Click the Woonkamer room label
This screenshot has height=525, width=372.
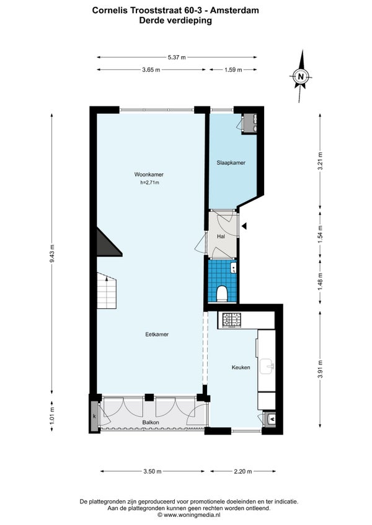tap(149, 175)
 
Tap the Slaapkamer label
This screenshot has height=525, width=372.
tap(231, 163)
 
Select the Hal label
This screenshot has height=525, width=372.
tap(221, 236)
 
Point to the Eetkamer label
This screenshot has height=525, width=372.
tap(157, 334)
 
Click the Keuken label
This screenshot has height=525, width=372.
tap(241, 367)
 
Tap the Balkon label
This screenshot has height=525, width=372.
tap(151, 423)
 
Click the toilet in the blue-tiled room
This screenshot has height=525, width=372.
tap(222, 293)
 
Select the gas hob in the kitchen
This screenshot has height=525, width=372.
tap(232, 320)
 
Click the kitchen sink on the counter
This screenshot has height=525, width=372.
tap(267, 367)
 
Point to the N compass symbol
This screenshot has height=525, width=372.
tap(301, 76)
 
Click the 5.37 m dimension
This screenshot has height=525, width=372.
tap(177, 57)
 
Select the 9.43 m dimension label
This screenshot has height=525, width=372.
tap(51, 254)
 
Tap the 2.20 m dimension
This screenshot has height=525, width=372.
tap(242, 471)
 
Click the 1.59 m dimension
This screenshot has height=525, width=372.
tap(233, 69)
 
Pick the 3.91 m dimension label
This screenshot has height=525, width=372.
tap(321, 369)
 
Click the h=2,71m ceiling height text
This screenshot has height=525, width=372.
tap(149, 183)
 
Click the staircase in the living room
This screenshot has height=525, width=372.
tap(107, 290)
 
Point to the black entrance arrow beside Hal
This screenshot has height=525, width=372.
tap(244, 226)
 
